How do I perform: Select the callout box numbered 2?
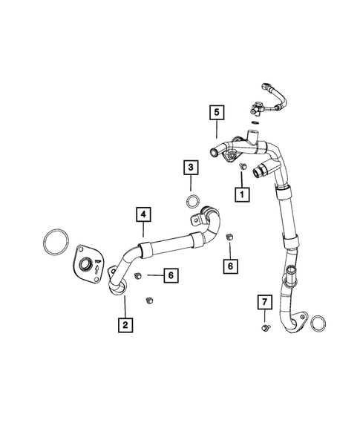pos(125,324)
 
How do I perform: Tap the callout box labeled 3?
pos(191,168)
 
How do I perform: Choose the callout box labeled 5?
pos(217,114)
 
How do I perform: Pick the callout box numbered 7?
pos(264,301)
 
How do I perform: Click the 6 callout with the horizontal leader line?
pos(170,275)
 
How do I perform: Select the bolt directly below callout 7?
pos(264,327)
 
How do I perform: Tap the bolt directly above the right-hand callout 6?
pos(229,237)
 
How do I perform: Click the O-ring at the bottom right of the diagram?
pos(318,323)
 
